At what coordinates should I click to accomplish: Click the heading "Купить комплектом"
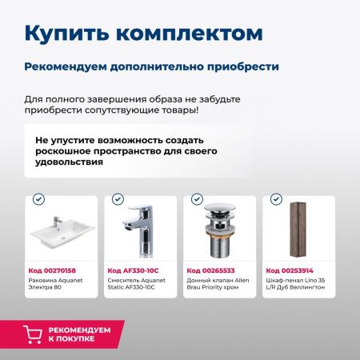[x=143, y=33]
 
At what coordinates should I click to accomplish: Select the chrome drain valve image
[x=218, y=232]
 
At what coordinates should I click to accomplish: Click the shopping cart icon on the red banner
[x=33, y=335]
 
